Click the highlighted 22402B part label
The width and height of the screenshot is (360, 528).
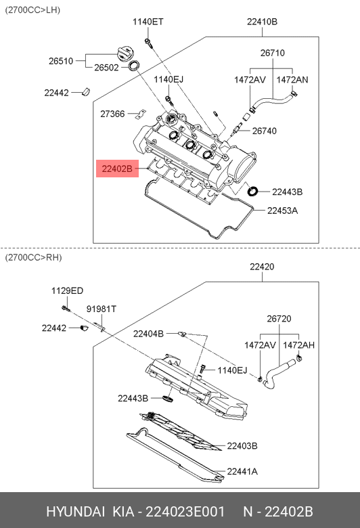pos(117,169)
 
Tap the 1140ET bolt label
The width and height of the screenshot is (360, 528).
pos(148,22)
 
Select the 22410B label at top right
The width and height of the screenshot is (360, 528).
pos(262,22)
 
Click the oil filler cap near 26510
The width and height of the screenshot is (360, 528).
pos(123,54)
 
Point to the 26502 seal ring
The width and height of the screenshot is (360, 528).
pos(135,66)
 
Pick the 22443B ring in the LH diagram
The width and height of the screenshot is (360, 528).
pos(252,191)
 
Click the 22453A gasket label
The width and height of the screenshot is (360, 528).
pos(282,211)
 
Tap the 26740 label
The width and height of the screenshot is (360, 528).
pos(265,131)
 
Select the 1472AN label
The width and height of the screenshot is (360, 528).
pos(292,80)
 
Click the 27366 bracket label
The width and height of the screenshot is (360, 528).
pos(112,114)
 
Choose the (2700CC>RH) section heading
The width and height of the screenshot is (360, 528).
pos(33,258)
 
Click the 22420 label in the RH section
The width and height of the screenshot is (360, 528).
pos(262,267)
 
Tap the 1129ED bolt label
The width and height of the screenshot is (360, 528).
pos(68,290)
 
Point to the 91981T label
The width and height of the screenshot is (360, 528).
pos(102,309)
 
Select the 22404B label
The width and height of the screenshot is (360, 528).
pos(148,334)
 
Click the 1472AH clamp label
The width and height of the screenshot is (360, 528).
pos(298,345)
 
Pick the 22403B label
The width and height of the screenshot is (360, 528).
pos(242,446)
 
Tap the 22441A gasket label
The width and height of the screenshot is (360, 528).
pos(242,471)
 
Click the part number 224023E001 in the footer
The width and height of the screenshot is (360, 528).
pos(185,512)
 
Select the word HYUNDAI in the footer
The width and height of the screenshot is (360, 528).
pos(75,512)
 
